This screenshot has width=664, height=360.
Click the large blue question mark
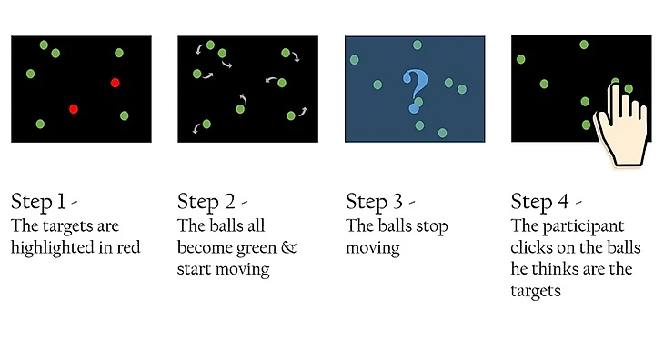click(415, 91)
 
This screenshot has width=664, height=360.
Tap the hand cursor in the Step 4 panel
click(622, 125)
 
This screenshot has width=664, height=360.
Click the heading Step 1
click(38, 201)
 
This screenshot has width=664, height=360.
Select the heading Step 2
click(206, 201)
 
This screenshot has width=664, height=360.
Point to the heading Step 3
click(374, 201)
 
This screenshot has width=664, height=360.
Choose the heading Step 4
click(539, 201)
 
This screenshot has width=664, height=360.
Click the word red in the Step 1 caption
click(128, 247)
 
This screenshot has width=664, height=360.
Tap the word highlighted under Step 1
click(53, 248)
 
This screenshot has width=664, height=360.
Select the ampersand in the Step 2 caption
click(288, 247)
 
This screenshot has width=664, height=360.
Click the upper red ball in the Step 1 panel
click(116, 83)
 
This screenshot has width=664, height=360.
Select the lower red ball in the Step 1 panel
click(74, 110)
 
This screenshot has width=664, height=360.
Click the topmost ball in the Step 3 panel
click(418, 45)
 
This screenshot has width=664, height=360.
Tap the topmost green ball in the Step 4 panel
click(584, 45)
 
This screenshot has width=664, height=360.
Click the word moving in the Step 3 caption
click(373, 248)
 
